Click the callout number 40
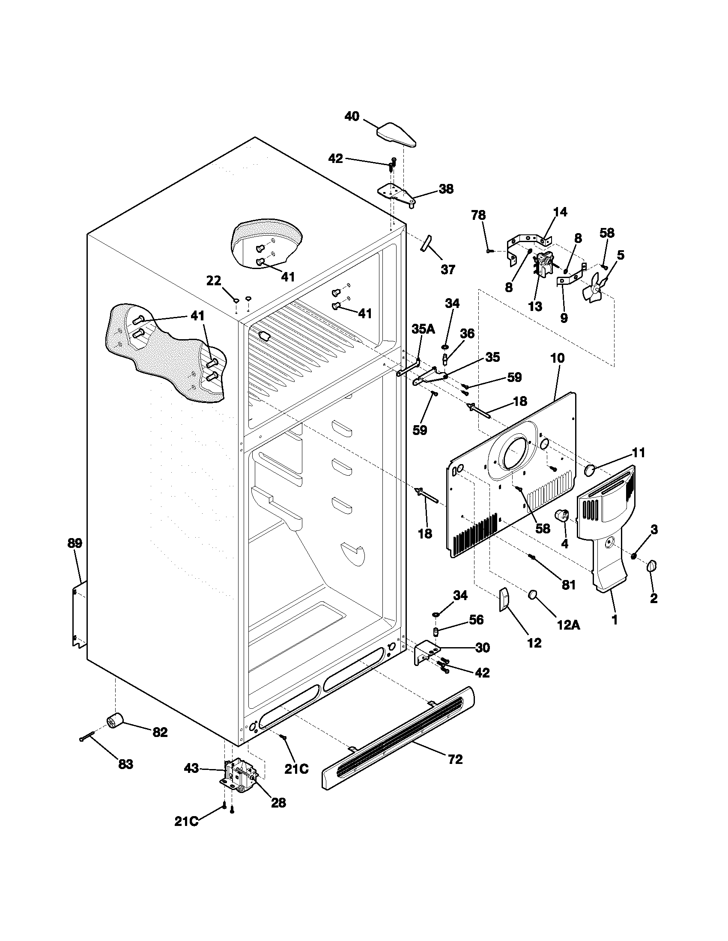[352, 116]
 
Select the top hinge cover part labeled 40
[396, 134]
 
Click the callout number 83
[125, 765]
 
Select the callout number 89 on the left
[75, 543]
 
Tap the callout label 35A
[423, 330]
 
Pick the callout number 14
[560, 212]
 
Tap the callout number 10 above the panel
[557, 358]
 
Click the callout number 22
[214, 281]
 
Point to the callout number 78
[478, 216]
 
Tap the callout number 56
[476, 620]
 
